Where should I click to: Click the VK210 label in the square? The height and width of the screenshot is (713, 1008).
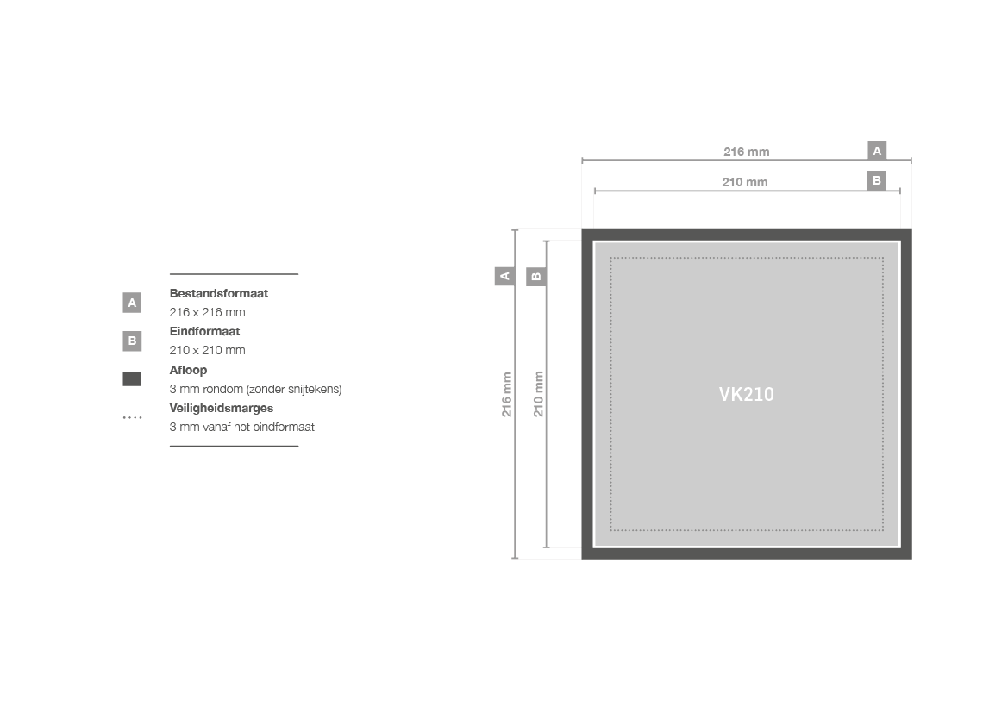pos(747,394)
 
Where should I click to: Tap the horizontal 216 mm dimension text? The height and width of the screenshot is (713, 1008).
pos(747,152)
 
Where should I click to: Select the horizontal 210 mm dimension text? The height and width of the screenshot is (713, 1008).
pos(744,182)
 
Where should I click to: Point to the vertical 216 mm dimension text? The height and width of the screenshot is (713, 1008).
pos(506,394)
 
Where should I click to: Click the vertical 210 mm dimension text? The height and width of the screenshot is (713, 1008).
pos(538,394)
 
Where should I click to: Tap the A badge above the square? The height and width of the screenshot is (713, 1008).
pos(877,150)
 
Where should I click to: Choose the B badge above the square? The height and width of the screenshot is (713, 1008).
pos(877,181)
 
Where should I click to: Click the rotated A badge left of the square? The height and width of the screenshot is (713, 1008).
pos(504,277)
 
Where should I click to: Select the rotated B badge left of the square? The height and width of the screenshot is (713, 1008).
pos(536,277)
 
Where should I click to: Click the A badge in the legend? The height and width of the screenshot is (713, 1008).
pos(132,302)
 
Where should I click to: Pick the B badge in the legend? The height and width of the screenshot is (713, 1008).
pos(132,341)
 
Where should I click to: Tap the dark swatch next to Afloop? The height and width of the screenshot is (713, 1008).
pos(132,379)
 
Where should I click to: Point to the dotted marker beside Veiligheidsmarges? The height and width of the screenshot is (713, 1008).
pos(132,418)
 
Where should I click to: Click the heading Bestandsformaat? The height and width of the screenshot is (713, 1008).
pos(218,293)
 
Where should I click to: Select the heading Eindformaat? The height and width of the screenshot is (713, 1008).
pos(204,331)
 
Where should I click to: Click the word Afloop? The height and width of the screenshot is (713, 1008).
pos(188,370)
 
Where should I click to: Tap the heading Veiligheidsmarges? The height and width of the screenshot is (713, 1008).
pos(221,408)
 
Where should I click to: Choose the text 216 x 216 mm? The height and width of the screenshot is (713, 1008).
pos(207,312)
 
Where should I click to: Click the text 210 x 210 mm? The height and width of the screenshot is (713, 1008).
pos(207,350)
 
